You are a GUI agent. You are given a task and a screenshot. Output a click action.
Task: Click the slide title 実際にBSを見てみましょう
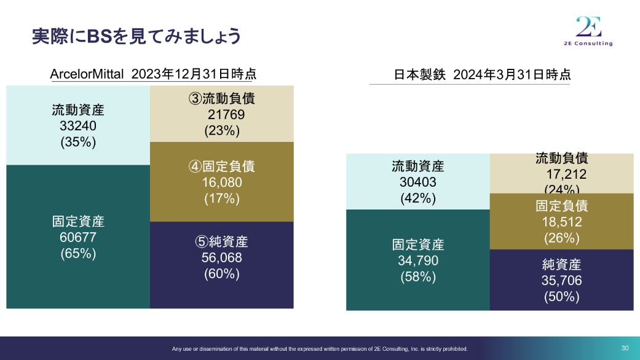136,36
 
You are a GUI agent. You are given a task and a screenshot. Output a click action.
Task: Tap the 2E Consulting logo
588,31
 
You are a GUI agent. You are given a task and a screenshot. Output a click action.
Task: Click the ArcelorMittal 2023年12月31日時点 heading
152,74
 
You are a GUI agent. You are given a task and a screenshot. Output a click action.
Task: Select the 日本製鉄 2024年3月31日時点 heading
482,75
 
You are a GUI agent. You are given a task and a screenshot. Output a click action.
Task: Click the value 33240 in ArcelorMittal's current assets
78,126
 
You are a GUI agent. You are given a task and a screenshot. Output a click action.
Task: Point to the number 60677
78,237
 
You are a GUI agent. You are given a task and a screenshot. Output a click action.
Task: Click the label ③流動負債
221,98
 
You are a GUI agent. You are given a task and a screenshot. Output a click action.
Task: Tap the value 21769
226,114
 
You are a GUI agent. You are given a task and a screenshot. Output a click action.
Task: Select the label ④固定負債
221,166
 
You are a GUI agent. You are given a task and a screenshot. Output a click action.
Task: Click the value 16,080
221,182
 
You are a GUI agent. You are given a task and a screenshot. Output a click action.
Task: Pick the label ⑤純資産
221,242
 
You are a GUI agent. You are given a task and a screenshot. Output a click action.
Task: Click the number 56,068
221,258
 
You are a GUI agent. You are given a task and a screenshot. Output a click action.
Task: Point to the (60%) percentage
221,274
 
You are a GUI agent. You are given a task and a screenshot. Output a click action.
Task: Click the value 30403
417,182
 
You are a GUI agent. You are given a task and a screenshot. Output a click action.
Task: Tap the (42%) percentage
417,198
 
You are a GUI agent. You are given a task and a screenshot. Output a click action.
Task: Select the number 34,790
417,260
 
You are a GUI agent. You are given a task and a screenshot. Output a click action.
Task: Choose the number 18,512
562,222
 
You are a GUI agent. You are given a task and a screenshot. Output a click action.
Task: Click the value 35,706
562,281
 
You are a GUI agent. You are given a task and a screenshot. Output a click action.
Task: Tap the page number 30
625,348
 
